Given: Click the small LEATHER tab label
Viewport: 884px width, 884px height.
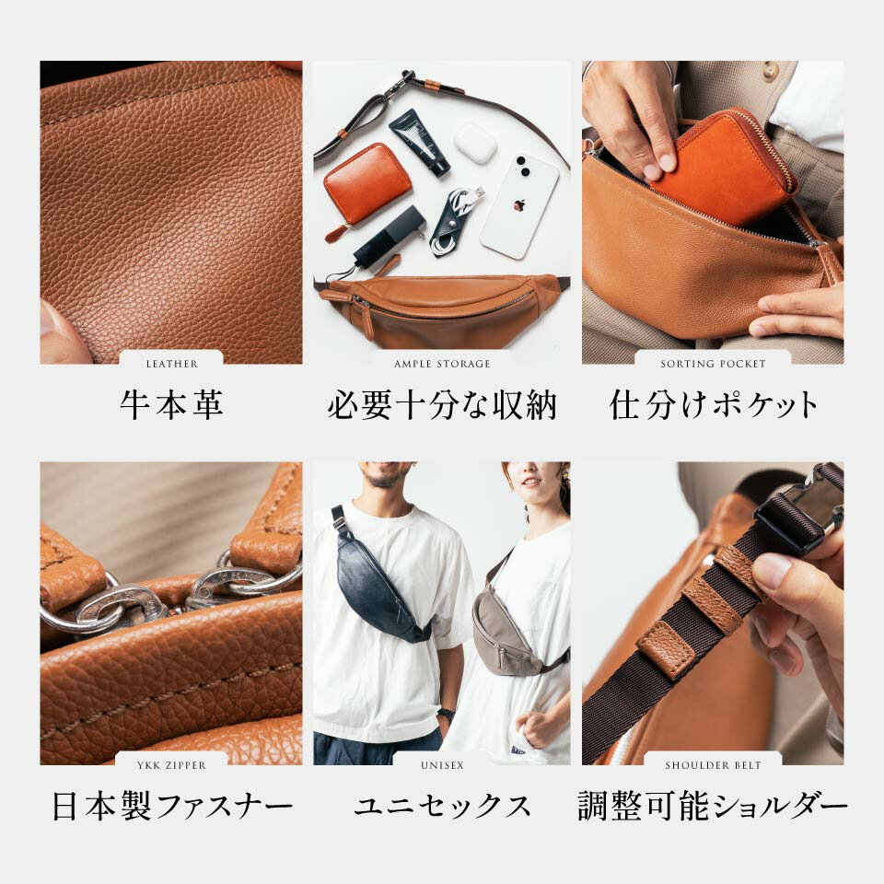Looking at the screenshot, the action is click(x=172, y=365).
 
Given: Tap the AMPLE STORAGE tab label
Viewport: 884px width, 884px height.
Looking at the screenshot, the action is click(x=442, y=365).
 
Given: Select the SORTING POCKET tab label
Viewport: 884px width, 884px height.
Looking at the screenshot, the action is click(x=713, y=365).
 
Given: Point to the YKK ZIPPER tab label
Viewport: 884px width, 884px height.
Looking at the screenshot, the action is click(x=171, y=765).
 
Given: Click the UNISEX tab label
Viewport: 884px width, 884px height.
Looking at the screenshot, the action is click(x=442, y=765).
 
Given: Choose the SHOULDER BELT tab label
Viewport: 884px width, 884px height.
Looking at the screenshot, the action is click(x=713, y=765).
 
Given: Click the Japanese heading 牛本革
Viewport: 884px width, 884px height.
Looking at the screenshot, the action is click(x=171, y=405).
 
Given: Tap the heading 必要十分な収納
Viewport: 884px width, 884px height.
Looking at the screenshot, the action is click(x=442, y=405).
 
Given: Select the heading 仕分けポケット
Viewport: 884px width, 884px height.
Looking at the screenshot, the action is click(x=713, y=405).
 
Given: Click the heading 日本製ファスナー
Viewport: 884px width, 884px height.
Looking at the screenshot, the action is click(x=172, y=807).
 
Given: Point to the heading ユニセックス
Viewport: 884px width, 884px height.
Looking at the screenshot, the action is click(x=442, y=807).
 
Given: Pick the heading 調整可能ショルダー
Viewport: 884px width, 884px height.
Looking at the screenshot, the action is click(x=713, y=807).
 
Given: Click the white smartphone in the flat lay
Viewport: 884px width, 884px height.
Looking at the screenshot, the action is click(x=519, y=205).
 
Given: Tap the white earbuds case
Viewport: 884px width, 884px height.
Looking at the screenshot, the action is click(x=475, y=140).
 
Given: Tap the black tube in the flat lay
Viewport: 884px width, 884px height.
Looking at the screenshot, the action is click(x=420, y=143).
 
